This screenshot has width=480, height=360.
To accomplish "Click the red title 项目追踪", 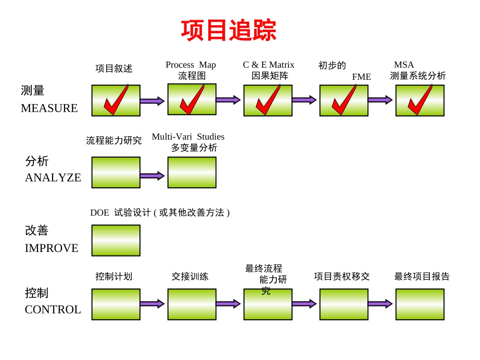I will [229, 31].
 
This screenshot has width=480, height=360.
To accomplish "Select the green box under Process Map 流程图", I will [191, 99].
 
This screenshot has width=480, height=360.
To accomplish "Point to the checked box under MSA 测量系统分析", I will [419, 100].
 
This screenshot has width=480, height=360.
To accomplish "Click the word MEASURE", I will [49, 108].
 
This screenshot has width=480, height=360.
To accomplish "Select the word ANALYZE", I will [53, 178].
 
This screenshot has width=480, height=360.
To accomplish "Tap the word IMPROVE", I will [52, 248].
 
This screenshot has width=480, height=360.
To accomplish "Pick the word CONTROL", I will [53, 310].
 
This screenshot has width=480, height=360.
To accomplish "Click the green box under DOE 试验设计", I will [116, 240].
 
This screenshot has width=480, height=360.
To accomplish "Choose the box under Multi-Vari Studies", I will [191, 172].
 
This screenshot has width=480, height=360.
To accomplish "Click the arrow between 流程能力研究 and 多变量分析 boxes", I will [152, 176].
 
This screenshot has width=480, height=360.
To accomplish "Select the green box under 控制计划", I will [116, 304].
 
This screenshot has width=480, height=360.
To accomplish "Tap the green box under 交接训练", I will [191, 304].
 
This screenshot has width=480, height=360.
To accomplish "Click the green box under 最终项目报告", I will [419, 304].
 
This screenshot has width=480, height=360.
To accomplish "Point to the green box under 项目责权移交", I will [344, 304].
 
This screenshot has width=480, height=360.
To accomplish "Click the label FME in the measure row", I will [361, 77].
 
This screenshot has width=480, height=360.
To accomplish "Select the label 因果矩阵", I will [270, 76].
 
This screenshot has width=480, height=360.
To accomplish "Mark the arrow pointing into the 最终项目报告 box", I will [380, 303].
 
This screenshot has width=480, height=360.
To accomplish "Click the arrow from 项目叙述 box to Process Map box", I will [152, 101].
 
